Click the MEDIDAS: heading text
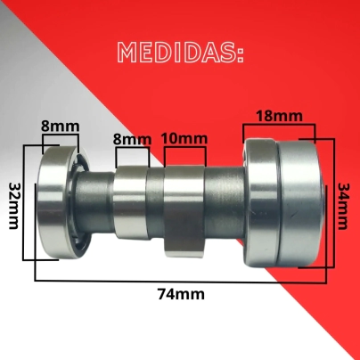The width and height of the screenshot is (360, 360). coord(181,53)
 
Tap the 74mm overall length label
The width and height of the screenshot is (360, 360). coord(181,294)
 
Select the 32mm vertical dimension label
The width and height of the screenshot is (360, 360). coord(13,206)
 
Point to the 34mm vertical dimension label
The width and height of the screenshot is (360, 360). coord(344,207)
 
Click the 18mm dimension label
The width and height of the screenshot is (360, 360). coord(280,116)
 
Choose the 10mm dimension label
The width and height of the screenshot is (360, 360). coord(184,138)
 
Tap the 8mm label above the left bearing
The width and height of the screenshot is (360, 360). coord(61,126)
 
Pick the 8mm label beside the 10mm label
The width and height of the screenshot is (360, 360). coord(132,139)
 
